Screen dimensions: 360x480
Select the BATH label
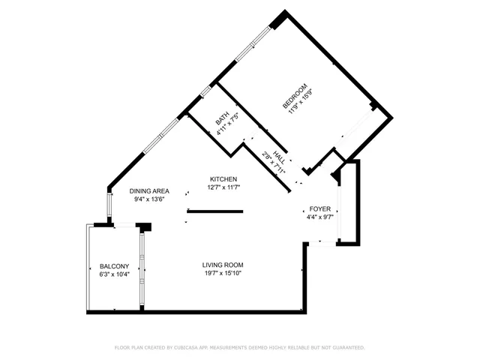coord(222,119)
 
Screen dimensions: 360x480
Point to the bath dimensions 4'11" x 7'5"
coord(229,124)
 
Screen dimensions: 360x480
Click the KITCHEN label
coord(223,179)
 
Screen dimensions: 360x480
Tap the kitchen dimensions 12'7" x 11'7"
coord(223,187)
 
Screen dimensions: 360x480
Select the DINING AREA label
coord(148,190)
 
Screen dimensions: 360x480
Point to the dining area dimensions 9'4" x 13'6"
coord(148,199)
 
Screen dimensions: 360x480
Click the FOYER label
coord(320,209)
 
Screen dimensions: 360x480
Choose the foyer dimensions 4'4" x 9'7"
coord(320,217)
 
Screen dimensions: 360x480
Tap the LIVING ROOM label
coord(223,265)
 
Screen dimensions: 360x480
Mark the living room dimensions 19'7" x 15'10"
coord(223,273)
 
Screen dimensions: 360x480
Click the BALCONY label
coord(115,266)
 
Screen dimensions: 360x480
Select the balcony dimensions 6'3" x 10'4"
coord(115,274)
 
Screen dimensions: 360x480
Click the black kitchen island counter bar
coord(214,211)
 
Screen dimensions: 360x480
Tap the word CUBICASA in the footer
coord(197,348)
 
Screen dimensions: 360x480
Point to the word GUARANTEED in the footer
coord(347,348)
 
